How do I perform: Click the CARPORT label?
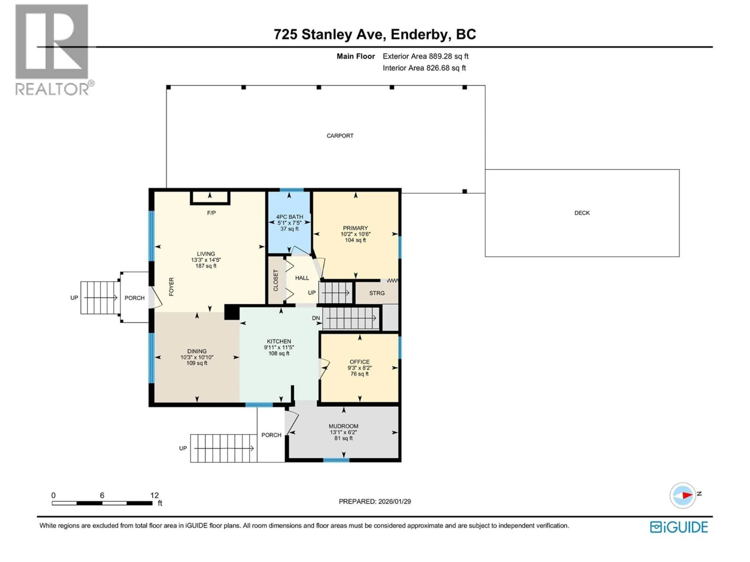[340, 136]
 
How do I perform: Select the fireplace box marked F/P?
[210, 198]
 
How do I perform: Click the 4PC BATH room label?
[289, 217]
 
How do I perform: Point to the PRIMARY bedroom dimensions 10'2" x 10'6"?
[355, 234]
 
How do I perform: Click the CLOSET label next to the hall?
[276, 280]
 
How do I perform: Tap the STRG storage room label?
[377, 293]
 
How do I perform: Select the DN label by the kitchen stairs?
[316, 318]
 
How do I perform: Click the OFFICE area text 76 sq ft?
[359, 374]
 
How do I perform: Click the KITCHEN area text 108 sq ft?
[279, 353]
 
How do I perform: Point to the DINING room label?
[197, 351]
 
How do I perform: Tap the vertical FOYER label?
[171, 287]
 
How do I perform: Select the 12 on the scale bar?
[154, 495]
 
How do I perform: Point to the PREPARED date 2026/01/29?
[375, 501]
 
